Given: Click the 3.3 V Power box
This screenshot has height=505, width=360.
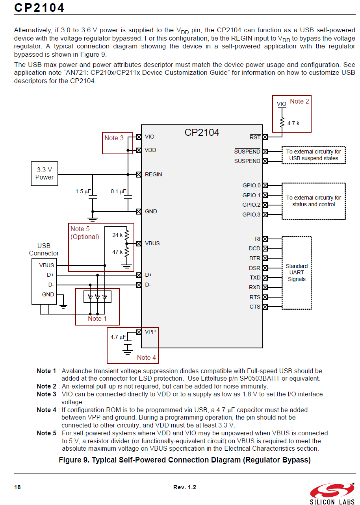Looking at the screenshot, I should [x=45, y=174].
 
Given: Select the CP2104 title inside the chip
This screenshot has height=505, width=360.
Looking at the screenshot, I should [x=202, y=133].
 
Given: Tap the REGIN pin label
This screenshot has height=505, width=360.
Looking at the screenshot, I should [x=153, y=174].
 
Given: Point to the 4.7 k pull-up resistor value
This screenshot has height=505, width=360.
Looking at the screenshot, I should [x=293, y=123].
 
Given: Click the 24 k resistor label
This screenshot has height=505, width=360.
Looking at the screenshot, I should [x=117, y=235].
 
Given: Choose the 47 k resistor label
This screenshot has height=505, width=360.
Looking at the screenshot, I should [x=117, y=252].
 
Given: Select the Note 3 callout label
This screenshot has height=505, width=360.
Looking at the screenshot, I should [x=114, y=138].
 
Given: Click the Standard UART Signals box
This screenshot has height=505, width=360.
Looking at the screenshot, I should [x=297, y=272].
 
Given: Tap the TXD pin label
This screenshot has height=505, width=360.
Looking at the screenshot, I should [x=255, y=278].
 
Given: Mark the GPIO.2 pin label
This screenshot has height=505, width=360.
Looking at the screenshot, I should [x=251, y=205].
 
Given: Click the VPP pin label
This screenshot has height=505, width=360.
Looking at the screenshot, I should [x=150, y=332].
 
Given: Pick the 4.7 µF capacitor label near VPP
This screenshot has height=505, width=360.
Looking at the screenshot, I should [x=118, y=337].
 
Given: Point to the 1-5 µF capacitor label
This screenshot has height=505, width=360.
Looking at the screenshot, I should [x=84, y=192].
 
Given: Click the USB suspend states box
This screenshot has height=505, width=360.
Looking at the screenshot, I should [x=314, y=155].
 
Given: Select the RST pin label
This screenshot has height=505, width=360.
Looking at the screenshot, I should [x=255, y=137].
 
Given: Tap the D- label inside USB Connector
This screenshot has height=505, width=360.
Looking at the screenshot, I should [x=51, y=285].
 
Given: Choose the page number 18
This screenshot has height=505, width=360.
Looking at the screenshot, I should [x=17, y=487].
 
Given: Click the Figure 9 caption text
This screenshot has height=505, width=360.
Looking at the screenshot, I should [x=184, y=460].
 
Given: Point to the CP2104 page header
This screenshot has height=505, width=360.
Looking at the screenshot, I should [x=39, y=8].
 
